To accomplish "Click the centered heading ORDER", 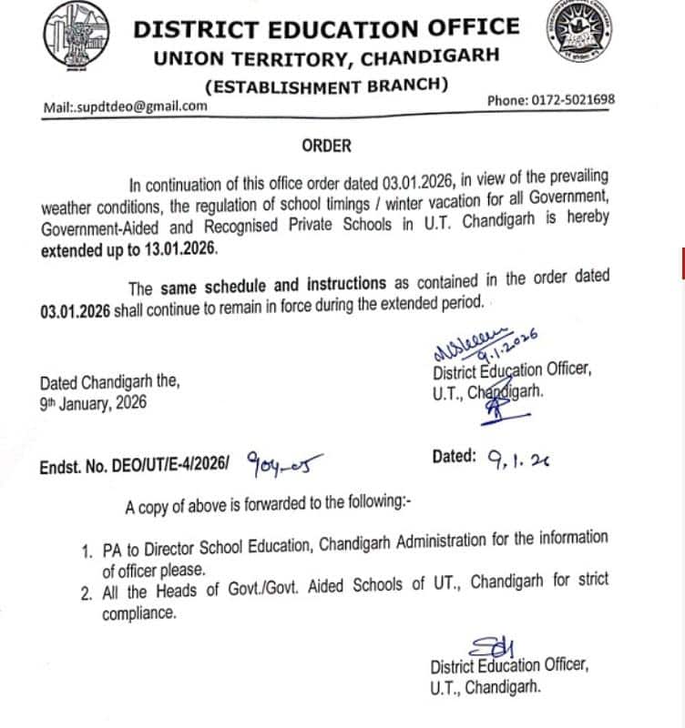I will click(x=326, y=145).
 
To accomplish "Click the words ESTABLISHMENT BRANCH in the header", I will click(x=327, y=86).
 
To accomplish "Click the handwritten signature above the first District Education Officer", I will click(x=484, y=344).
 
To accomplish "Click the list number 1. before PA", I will click(x=87, y=551).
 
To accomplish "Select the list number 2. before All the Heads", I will click(x=87, y=592).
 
